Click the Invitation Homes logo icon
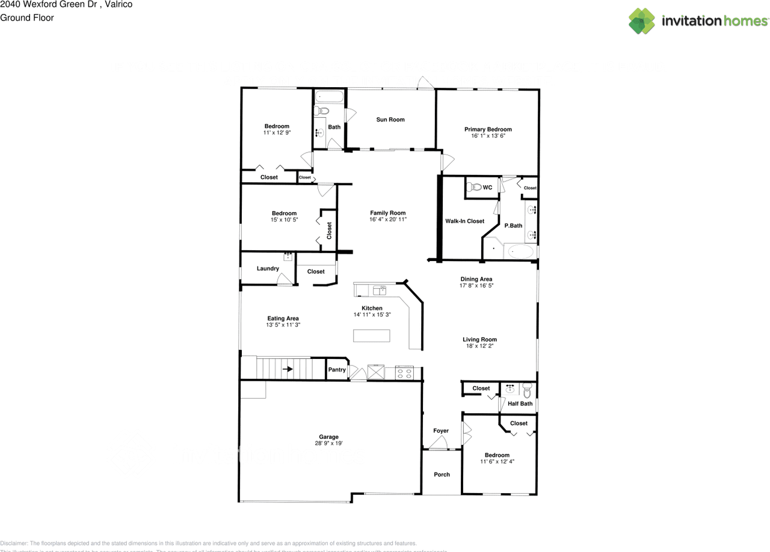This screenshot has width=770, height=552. tap(641, 21)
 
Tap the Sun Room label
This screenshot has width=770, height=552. tap(390, 120)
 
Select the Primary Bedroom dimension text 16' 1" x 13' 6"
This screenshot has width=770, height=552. tap(488, 136)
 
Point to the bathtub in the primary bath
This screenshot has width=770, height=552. tap(518, 251)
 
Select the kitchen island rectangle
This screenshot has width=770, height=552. tap(371, 336)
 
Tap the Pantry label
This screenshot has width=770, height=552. tap(337, 370)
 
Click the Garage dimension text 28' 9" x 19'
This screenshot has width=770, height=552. tap(328, 444)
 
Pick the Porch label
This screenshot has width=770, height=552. tap(442, 474)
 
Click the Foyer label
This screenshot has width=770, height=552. tap(441, 431)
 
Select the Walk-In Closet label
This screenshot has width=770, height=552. tap(464, 221)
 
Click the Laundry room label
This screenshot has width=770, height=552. tap(268, 268)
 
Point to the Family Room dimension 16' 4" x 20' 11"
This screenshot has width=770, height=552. tap(388, 219)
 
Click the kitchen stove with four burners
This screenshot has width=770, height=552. tap(404, 373)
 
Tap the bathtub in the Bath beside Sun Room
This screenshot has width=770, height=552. tap(329, 96)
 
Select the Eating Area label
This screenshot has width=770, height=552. tap(283, 319)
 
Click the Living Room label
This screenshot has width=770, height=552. tap(479, 339)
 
